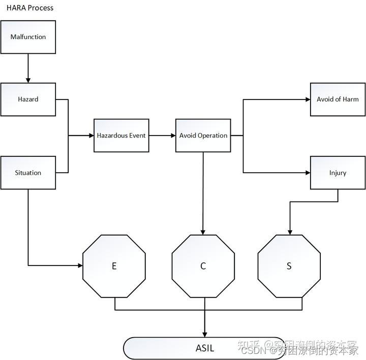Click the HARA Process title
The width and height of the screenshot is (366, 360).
point(29,8)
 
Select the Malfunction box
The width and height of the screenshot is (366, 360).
point(28,37)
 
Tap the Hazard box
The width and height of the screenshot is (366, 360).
point(28,100)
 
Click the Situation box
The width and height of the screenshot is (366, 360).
point(28,173)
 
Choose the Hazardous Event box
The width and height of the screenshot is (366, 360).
point(121,136)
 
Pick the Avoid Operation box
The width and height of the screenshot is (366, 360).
point(203,136)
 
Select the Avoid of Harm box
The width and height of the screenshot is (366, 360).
point(338,100)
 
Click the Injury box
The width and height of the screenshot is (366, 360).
point(338,173)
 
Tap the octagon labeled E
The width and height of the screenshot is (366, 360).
point(114,266)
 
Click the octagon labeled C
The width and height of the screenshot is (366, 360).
point(203,266)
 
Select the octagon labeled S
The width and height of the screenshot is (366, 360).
point(289,266)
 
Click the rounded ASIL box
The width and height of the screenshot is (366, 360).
point(205,348)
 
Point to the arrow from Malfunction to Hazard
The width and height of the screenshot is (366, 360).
point(28,68)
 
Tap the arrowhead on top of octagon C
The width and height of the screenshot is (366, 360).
point(203,232)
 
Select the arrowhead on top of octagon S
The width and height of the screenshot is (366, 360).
point(290,232)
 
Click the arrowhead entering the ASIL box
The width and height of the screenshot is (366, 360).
point(205,334)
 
